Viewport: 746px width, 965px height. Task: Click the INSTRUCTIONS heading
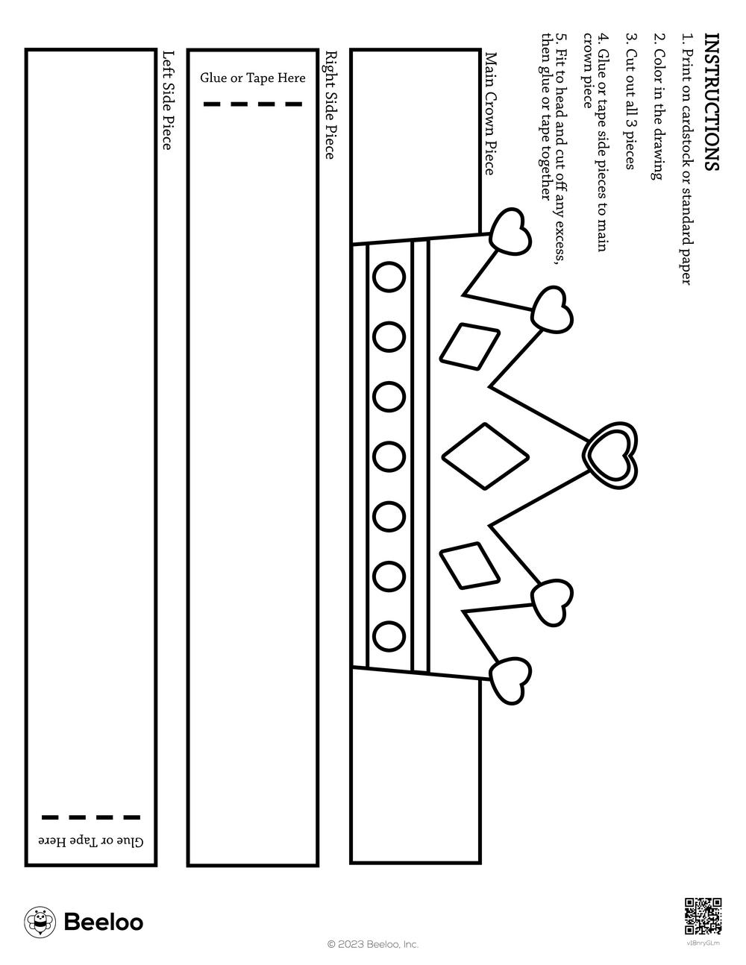[x=712, y=101]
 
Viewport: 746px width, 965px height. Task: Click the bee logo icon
[x=40, y=922]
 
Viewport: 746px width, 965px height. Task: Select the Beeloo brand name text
[x=104, y=922]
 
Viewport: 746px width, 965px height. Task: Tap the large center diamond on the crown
[x=486, y=456]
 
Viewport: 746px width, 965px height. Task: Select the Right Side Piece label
[x=330, y=105]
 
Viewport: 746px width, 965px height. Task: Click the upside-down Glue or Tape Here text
[x=92, y=840]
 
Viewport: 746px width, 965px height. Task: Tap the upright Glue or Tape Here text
[x=253, y=78]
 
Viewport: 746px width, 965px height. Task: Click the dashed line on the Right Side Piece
[x=253, y=104]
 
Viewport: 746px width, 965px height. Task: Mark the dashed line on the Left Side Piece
[x=91, y=817]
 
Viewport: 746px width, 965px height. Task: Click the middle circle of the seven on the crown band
[x=389, y=456]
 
